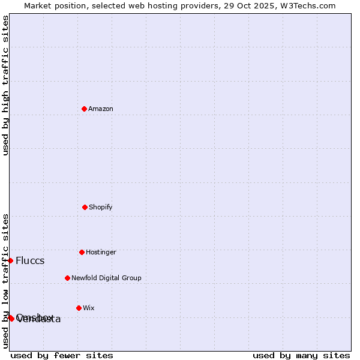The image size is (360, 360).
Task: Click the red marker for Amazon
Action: tap(85, 109)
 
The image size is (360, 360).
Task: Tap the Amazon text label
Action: tap(101, 109)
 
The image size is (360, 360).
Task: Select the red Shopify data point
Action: tap(85, 207)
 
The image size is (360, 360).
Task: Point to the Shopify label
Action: tap(101, 208)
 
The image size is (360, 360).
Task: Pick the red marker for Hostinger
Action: tap(82, 252)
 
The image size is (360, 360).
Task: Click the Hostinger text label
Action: tap(101, 253)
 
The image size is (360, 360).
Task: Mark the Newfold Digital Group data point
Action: tap(67, 278)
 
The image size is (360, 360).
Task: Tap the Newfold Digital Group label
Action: tap(106, 278)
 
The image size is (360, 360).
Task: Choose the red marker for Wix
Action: tap(79, 308)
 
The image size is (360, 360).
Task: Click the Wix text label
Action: tap(89, 308)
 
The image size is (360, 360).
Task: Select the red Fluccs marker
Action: tap(10, 260)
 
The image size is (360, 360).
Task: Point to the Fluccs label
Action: tap(30, 261)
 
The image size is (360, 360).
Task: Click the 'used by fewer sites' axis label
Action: tap(62, 355)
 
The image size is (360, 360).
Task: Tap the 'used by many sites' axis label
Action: tap(301, 355)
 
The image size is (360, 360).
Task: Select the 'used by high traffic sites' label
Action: tap(5, 85)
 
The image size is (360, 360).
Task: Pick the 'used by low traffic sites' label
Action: tap(5, 281)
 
